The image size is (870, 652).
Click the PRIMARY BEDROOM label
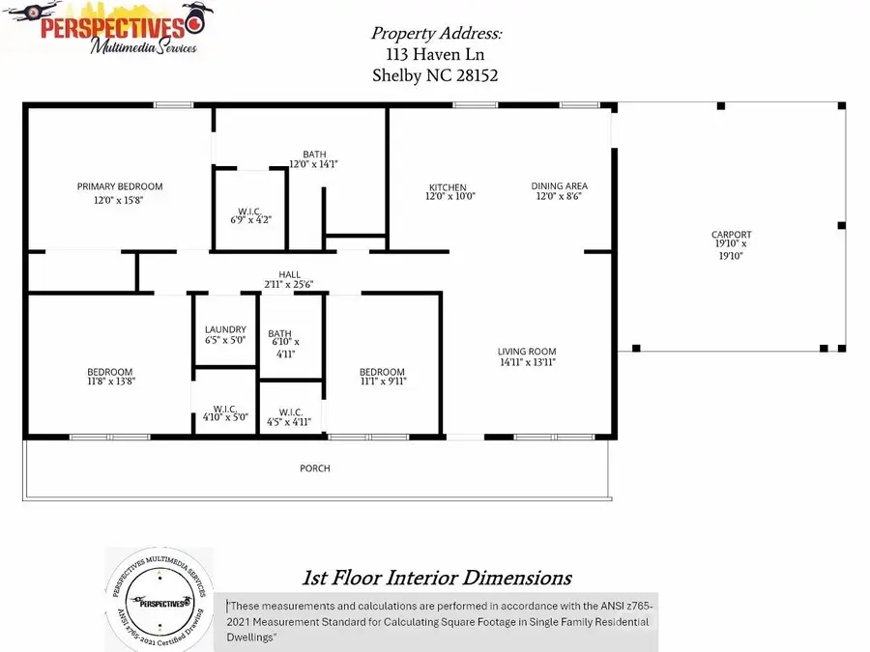pos(120,186)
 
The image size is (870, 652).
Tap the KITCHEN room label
pos(448,187)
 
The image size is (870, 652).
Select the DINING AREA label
pos(559,186)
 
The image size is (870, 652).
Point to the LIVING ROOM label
pos(527,352)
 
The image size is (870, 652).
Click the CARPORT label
pos(731,235)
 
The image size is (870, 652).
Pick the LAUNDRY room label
pos(225,329)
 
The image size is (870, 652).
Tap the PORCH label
pos(315,468)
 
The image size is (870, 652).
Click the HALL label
pos(290,274)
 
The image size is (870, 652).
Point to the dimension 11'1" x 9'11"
pos(382,383)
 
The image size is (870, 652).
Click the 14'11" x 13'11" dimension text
pos(527,362)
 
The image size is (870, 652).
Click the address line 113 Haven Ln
pos(435,54)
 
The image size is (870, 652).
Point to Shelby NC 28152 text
pos(435,75)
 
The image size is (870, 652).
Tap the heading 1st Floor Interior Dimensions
pos(436,579)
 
